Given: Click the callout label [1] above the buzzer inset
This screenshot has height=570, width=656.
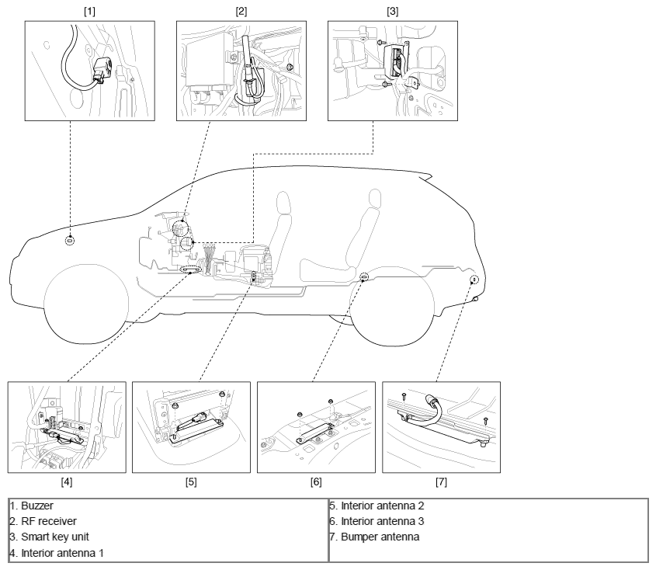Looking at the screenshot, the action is coord(89,12).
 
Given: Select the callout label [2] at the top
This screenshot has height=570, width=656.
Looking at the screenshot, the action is coord(241,12).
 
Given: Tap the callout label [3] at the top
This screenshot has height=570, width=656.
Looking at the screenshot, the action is coord(392,12).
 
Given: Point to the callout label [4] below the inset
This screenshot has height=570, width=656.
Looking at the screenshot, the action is coord(67,482).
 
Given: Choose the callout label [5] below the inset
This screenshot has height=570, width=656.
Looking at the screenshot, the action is coord(191,482).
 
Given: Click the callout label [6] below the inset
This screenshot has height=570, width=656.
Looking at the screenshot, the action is coord(316,482).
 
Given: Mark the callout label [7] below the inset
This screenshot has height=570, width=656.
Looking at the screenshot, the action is coord(441,482).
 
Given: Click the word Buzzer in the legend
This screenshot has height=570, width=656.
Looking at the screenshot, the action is coord(37,506).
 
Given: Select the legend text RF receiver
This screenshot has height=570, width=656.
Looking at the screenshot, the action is coord(49,521).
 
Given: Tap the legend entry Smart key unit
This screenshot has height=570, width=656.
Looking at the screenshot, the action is coord(55,537).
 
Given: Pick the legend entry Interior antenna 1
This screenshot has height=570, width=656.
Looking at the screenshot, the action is coord(62,553).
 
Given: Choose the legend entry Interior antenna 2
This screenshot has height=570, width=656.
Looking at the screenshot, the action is coord(383,506).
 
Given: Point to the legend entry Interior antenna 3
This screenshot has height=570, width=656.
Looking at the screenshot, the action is coord(383,521).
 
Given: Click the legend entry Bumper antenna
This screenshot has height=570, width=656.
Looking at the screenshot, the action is coord(380,537).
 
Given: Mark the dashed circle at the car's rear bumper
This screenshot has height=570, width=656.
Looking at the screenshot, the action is coord(474,280).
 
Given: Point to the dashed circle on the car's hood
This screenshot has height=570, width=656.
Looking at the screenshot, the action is coord(70,241).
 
